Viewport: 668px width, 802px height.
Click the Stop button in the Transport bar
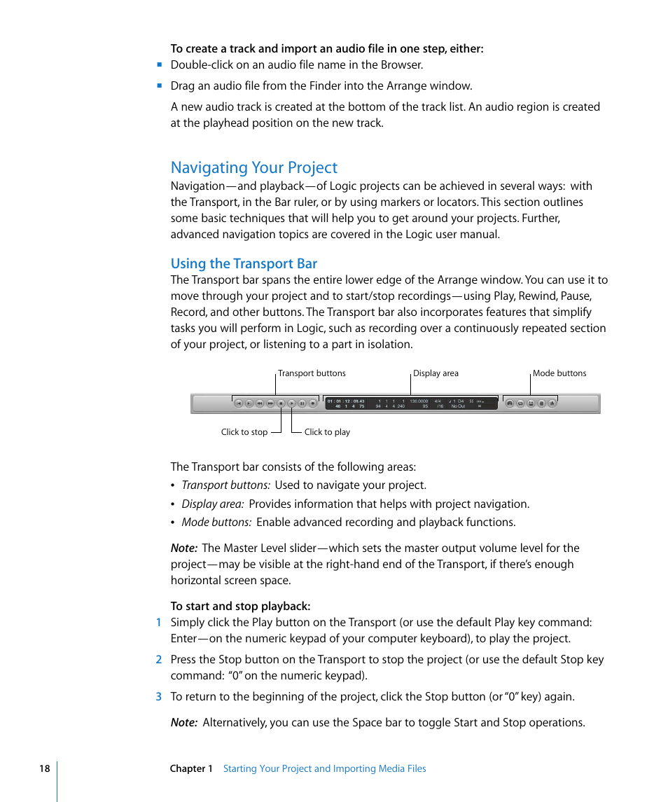point(281,403)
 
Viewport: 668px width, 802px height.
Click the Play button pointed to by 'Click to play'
point(291,403)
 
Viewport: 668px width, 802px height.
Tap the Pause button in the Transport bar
point(302,403)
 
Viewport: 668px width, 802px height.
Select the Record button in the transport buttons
point(313,403)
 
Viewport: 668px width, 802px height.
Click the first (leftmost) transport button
point(238,403)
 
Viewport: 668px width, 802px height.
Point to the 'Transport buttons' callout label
point(312,373)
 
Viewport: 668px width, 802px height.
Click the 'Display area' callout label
point(436,373)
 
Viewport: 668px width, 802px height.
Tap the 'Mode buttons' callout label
point(559,373)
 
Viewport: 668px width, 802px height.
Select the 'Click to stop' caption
point(244,432)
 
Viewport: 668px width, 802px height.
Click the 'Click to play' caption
point(327,432)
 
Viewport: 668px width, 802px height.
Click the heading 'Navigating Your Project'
point(254,167)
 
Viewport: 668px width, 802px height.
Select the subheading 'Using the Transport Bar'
point(244,263)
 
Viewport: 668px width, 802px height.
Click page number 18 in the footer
point(44,768)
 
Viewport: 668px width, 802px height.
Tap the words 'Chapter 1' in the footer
point(191,768)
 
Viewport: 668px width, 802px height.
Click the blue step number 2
point(158,659)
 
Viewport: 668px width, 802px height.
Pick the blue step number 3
point(158,696)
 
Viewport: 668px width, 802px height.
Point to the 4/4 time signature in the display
point(438,401)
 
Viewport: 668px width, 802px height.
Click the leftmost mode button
point(510,403)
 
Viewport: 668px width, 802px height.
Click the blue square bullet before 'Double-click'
point(160,65)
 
